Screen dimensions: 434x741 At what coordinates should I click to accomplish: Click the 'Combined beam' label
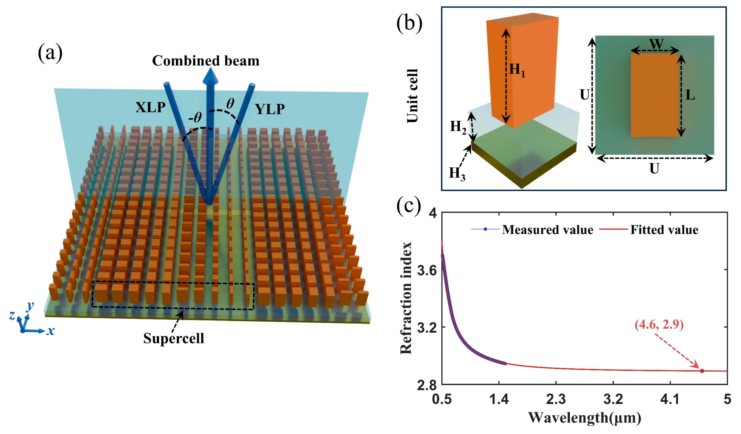coord(206,61)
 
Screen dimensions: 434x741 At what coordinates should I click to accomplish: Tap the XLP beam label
coord(150,108)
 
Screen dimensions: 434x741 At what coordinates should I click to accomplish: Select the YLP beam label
coord(270,109)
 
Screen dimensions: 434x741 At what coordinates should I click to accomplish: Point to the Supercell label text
coord(173,338)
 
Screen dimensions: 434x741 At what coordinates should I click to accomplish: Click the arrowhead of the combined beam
coord(210,76)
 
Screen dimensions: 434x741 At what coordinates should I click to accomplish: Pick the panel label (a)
coord(50,53)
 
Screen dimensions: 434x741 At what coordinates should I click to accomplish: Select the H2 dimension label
coord(458,127)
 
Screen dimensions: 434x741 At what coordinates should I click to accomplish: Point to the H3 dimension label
coord(457,174)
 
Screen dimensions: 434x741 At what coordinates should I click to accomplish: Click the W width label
coord(656,44)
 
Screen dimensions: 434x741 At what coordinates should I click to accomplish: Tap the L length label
coord(690,95)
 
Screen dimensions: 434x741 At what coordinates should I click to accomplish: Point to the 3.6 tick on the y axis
coord(426,270)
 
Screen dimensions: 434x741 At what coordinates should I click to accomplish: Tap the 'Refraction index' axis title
coord(406,298)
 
